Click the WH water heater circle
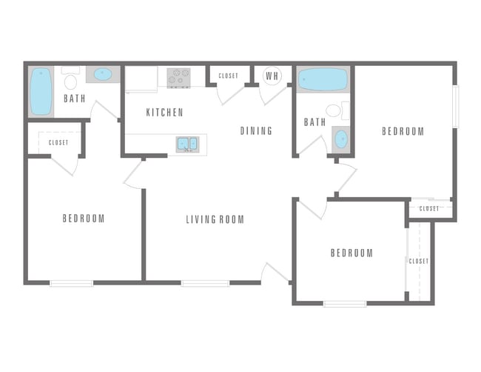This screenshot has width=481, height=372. coord(272,76)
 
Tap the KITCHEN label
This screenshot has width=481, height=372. coord(164,113)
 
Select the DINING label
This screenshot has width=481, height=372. coord(256,131)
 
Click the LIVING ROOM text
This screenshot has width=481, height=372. coord(215,219)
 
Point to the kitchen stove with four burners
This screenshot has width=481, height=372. coord(178,77)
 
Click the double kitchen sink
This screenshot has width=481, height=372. coord(186,143)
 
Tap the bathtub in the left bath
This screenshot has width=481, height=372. coord(41,92)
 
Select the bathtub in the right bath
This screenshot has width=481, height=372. coord(323,79)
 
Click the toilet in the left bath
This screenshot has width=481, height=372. coord(71,80)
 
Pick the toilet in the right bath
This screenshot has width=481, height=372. coord(334,111)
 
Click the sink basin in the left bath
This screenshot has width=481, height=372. coord(102,75)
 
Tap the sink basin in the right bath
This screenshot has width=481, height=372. coord(340,139)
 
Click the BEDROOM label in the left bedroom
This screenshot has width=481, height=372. coord(83,219)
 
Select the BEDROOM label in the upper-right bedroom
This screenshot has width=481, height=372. coord(403,132)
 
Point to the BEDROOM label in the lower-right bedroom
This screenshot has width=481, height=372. coord(351,253)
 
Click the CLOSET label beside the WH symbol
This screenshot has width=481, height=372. coord(229,76)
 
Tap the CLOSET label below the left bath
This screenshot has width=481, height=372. coord(58,142)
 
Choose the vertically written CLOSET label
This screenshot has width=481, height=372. coord(419,262)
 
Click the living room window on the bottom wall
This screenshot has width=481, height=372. coord(205,282)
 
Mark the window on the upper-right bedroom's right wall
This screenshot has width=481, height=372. coord(456,107)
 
